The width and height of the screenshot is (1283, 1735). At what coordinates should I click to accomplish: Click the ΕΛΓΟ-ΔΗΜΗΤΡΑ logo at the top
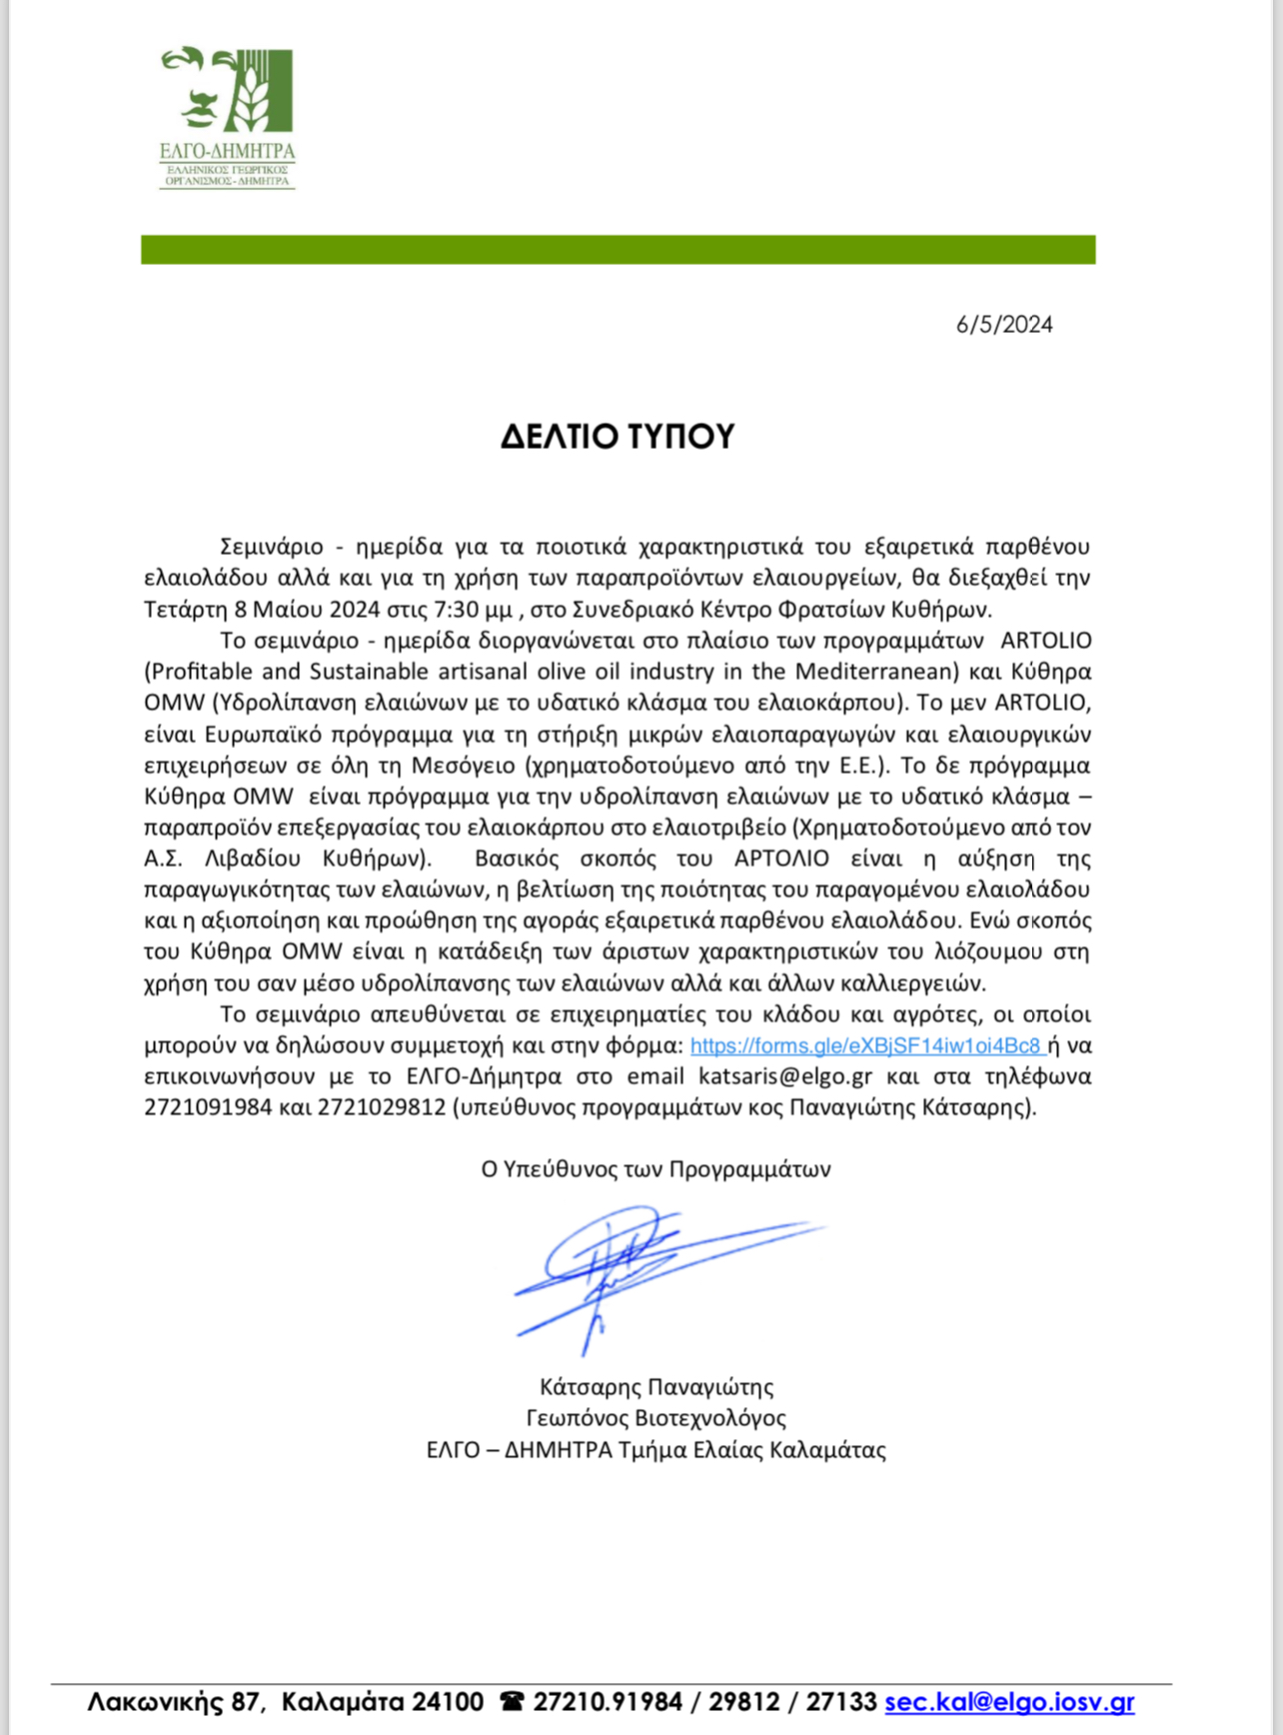228,116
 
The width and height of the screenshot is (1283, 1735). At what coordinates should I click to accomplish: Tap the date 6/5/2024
1003,324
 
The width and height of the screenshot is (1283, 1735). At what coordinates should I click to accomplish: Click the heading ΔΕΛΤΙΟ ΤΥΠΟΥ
618,436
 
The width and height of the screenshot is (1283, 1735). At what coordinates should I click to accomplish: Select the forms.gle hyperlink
865,1045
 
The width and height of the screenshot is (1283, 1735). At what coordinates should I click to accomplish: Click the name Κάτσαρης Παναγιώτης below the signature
656,1386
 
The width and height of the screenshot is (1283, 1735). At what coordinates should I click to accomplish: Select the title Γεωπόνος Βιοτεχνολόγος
656,1417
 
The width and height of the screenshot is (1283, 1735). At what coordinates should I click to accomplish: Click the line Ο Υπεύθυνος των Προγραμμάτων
655,1168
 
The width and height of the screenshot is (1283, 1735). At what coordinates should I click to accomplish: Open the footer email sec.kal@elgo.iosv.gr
1009,1701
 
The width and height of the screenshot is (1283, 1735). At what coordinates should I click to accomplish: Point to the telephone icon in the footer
512,1701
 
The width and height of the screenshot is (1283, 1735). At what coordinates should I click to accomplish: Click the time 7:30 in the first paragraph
459,609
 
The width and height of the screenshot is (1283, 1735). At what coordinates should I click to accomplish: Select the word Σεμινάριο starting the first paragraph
272,547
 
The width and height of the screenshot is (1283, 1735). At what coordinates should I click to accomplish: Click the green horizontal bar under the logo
618,250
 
